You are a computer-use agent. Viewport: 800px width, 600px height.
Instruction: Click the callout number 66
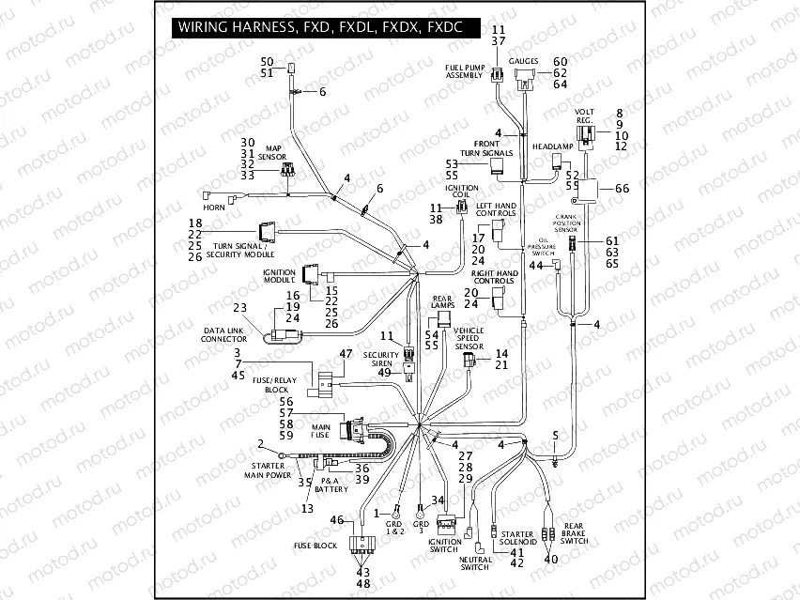pos(622,189)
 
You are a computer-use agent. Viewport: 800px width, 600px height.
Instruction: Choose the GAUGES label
pos(523,62)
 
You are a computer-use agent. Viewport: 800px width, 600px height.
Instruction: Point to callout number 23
pos(240,308)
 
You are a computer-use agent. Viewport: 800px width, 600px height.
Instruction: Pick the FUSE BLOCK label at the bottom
pos(315,546)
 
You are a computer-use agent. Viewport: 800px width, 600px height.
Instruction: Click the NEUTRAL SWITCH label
pos(475,563)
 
